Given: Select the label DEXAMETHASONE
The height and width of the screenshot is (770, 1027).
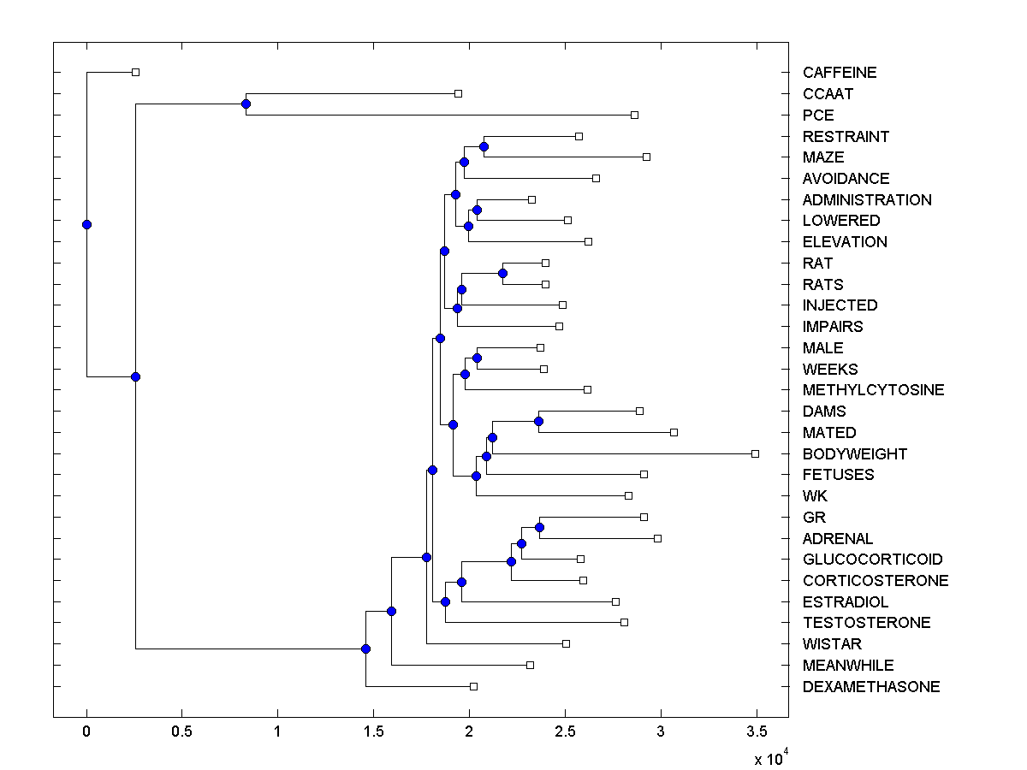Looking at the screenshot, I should coord(871,687).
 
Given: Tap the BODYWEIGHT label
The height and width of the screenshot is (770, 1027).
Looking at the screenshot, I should coord(855,454).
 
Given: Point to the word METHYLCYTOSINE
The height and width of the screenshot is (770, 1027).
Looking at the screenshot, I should coord(874,390).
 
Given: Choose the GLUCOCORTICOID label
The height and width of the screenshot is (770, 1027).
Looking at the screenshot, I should coord(873,560).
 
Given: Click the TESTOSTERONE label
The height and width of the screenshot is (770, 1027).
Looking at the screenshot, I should coord(867,623).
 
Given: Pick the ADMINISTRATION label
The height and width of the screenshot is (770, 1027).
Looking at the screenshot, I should coord(867,200).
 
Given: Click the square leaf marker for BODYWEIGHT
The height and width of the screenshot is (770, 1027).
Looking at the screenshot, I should coord(755,453).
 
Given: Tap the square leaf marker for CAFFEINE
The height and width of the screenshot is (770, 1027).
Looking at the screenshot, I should coord(135,72).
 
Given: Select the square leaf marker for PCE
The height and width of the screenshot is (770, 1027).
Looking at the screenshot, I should coord(634,115).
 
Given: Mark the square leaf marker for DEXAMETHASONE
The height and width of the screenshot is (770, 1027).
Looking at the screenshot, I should coord(473,686).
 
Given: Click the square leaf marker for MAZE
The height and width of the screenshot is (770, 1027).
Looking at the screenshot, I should coord(646,157).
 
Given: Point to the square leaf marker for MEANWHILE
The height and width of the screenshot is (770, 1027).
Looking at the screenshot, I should coord(530,665).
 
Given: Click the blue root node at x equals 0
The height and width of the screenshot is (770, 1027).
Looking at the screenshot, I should coord(86,224).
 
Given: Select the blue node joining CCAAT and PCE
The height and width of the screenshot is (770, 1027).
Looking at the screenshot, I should coord(246,104).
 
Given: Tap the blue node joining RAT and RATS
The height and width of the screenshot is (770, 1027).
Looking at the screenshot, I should coord(502,273).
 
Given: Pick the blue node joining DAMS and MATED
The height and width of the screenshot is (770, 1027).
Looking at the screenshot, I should coord(538,421).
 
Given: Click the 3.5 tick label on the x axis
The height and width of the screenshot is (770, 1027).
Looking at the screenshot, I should coord(756,732).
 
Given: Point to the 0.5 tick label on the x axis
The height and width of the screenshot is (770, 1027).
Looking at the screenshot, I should coord(181,732).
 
